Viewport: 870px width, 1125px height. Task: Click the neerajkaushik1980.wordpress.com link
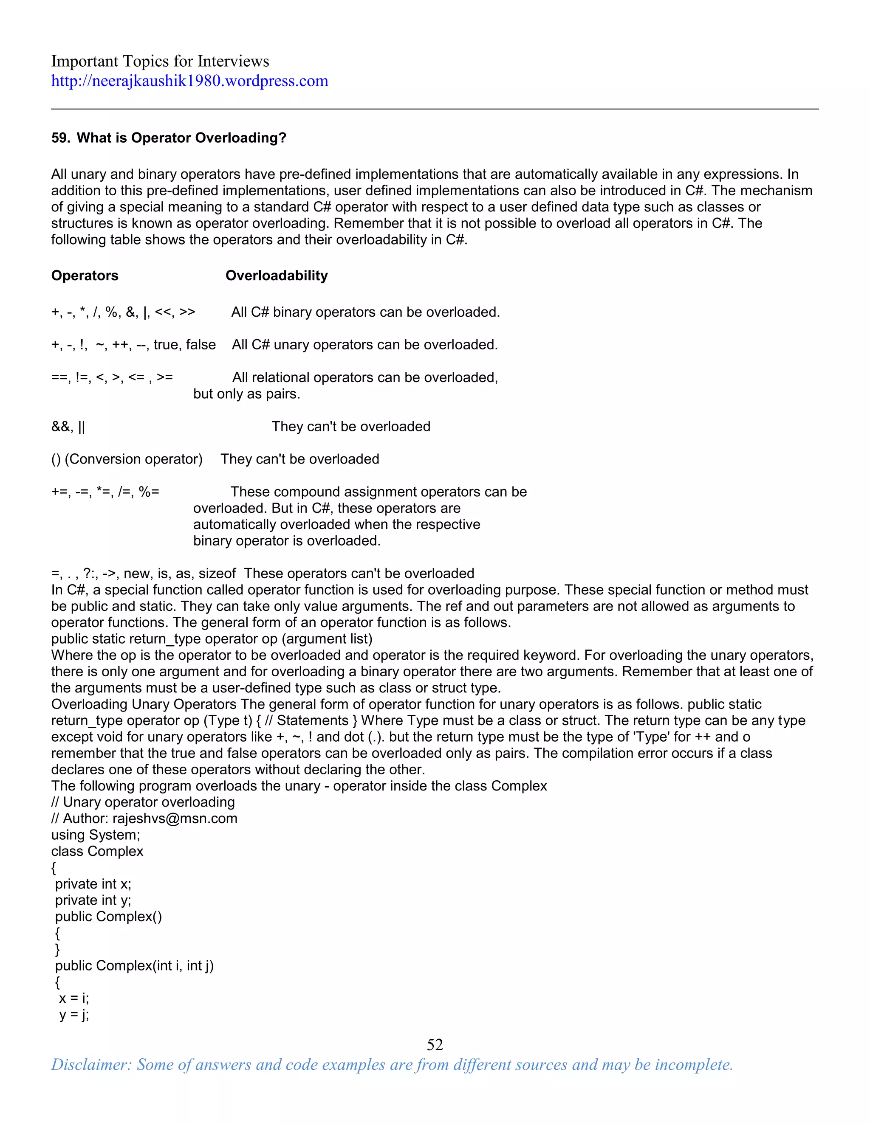(x=189, y=81)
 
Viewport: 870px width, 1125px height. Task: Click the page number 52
(x=435, y=1044)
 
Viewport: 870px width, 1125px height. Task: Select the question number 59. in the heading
(x=61, y=138)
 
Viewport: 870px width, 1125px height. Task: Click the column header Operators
(x=85, y=276)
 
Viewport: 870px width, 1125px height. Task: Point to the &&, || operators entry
(x=68, y=427)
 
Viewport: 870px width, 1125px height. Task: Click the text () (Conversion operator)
(x=127, y=459)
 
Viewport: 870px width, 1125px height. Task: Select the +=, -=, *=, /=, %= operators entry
(x=105, y=492)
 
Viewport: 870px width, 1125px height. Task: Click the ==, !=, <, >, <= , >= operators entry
(x=112, y=377)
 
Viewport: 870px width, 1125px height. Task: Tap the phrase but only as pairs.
(x=246, y=394)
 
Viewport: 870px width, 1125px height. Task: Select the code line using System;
(x=95, y=835)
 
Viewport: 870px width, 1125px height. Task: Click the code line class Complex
(x=97, y=852)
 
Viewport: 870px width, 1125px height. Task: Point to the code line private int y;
(x=93, y=900)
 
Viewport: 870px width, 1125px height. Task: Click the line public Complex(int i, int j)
(x=134, y=966)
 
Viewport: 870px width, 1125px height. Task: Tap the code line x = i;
(x=73, y=998)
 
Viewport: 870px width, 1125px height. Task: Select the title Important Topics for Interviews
(x=160, y=61)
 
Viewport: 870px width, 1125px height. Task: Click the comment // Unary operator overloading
(x=143, y=802)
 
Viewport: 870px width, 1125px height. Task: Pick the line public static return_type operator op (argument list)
(x=211, y=639)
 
